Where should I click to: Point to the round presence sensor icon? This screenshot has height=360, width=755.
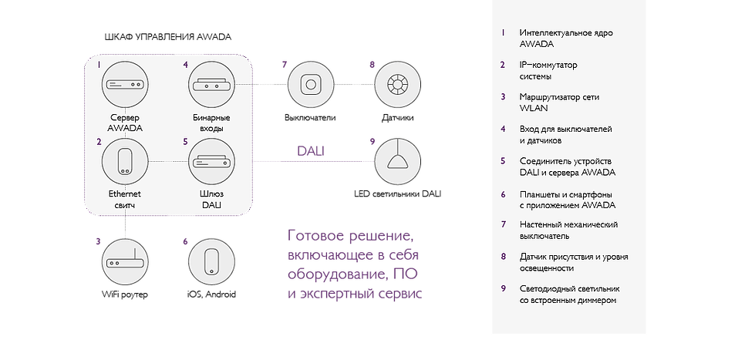pos(396,84)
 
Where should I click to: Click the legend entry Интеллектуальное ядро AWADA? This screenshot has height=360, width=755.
pos(558,39)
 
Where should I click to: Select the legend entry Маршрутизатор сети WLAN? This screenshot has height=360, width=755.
pos(558,103)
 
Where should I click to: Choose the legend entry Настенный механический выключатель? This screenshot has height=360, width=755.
pos(569,230)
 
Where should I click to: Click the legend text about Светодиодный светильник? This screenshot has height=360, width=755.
pos(569,294)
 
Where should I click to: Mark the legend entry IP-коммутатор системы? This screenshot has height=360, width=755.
pos(548,71)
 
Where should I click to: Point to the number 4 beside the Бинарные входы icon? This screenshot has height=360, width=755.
pos(186,66)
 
